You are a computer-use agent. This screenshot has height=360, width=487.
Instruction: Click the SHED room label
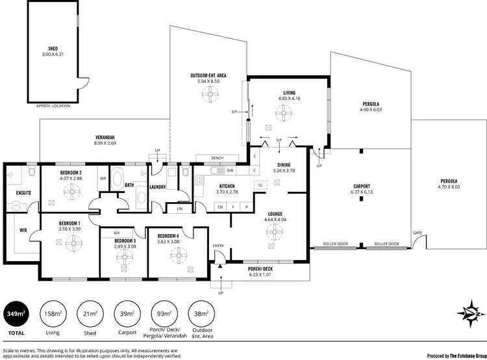tap(53, 48)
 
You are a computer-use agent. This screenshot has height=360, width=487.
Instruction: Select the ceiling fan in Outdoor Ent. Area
tap(208, 95)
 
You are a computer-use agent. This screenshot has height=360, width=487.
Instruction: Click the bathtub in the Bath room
tap(118, 177)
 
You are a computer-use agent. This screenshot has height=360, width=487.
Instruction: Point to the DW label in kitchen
tap(230, 171)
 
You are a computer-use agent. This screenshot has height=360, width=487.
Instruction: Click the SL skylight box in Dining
tap(260, 185)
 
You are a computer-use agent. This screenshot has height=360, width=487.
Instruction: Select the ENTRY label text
tap(218, 245)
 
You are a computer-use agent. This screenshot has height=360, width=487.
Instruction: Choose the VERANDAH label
tap(105, 137)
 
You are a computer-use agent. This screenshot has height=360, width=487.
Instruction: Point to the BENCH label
tap(218, 158)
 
